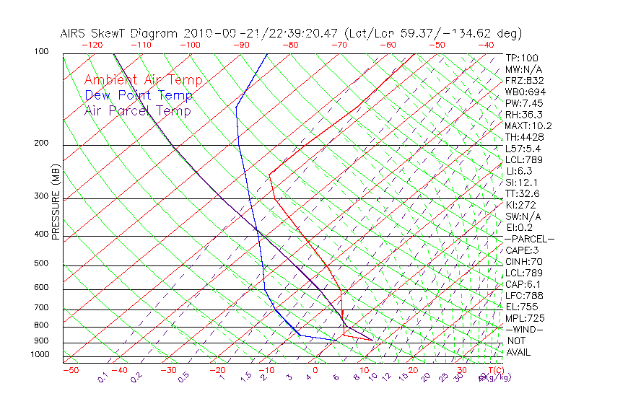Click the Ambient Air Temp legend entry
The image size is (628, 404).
coord(144,80)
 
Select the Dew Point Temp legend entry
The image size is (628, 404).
coord(139,95)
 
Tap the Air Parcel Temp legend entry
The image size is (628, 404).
coord(138,110)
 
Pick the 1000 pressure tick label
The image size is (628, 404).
coord(41,354)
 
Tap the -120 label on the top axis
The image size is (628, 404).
coord(92,45)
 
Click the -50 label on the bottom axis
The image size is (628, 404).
coord(70,370)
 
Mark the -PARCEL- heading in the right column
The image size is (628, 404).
coord(529,239)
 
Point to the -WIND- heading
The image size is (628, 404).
coord(524,329)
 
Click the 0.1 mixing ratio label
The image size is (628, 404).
coord(103,377)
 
